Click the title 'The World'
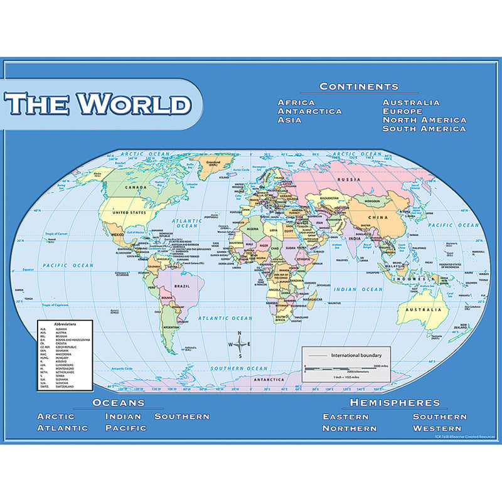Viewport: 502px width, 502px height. tap(99, 104)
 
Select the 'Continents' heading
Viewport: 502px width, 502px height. tap(358, 87)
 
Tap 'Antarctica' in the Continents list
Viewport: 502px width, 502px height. tap(309, 111)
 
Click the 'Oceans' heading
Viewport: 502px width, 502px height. tap(119, 402)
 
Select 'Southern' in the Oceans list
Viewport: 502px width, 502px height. tap(182, 416)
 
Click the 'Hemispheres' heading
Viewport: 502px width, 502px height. tap(395, 402)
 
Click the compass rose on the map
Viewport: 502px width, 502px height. tap(240, 344)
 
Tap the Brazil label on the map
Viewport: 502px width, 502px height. tap(183, 286)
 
